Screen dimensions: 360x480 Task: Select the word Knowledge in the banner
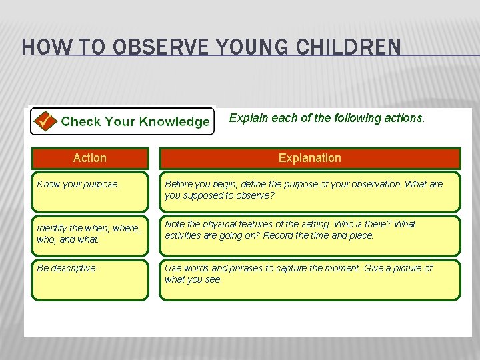coord(174,121)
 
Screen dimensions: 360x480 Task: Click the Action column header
coord(89,158)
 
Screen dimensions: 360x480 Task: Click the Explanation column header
coord(309,158)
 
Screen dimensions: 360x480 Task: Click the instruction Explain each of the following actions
coord(327,118)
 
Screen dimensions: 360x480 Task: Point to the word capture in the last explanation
coord(291,268)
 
